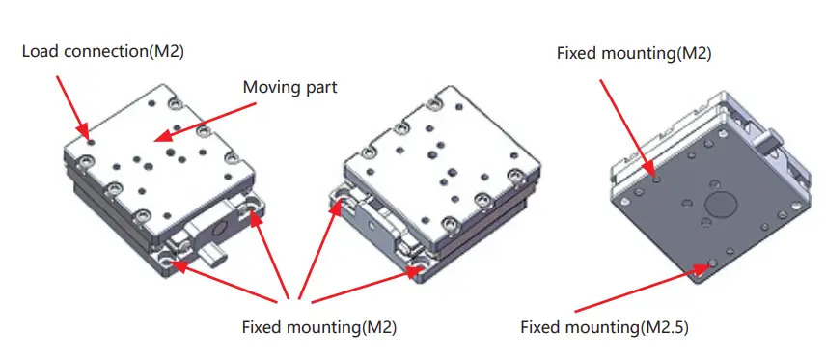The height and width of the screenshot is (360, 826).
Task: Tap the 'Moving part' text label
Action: point(289,87)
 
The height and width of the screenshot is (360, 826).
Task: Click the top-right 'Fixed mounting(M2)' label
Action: point(634,53)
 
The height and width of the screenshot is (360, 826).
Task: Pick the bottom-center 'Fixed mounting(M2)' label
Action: point(318,327)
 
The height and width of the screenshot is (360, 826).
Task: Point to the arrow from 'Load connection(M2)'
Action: point(72,101)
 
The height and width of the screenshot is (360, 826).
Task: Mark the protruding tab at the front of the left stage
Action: point(215,257)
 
